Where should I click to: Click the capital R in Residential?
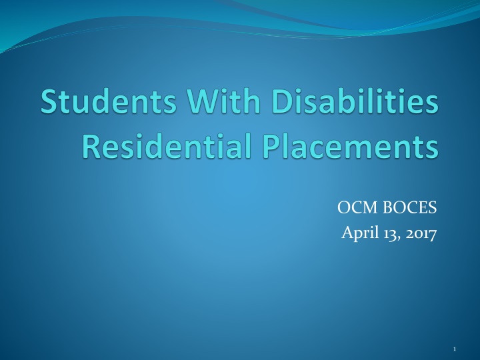[90, 147]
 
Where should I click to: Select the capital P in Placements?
[256, 147]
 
